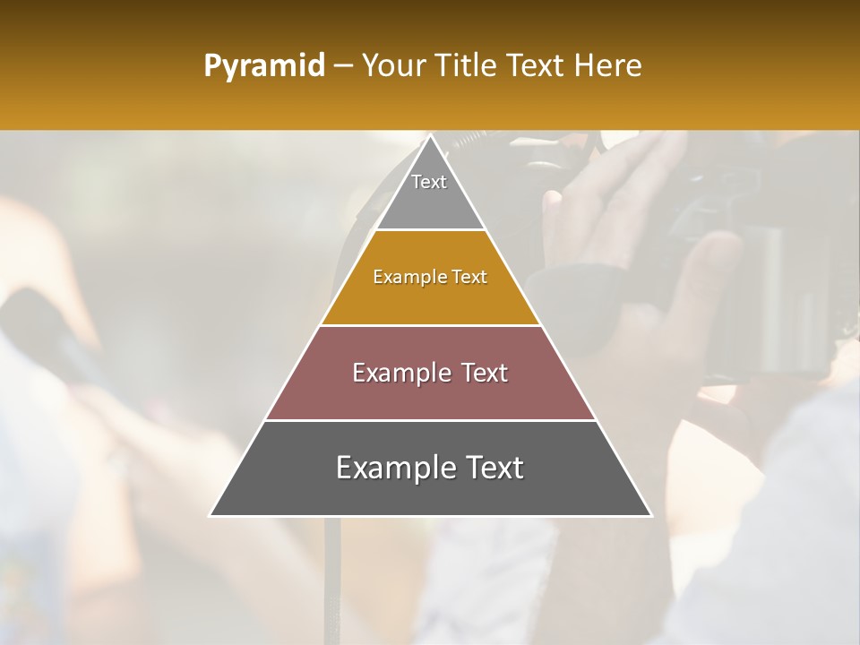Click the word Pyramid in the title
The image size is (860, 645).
coord(263,66)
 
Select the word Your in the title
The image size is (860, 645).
coord(391,66)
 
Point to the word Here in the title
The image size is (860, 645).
coord(607,66)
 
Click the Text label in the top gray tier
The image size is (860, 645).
coord(429,182)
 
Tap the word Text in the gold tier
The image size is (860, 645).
coord(470,278)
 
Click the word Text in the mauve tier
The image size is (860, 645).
coord(485,373)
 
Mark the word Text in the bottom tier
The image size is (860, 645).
coord(494,468)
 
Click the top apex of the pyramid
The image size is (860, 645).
coord(431,136)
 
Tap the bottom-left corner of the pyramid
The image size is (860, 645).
coord(211,515)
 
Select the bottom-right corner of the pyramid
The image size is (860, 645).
coord(650,515)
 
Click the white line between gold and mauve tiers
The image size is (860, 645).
coord(431,325)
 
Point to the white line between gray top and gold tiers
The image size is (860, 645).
coord(431,230)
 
